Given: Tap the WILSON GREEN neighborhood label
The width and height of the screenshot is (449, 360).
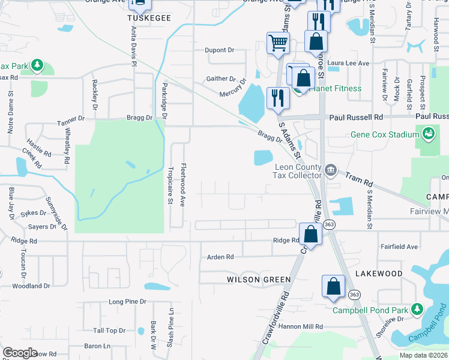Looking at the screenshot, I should [x=259, y=280].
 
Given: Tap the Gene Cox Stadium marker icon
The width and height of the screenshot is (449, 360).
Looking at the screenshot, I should [x=428, y=133].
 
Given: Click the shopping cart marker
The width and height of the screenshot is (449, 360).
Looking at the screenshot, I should [x=279, y=43].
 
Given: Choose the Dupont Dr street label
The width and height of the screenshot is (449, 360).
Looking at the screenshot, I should [x=219, y=50].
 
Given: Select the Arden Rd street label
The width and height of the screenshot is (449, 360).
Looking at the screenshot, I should [x=220, y=257].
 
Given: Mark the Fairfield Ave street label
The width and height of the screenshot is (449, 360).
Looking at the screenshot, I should [x=399, y=247].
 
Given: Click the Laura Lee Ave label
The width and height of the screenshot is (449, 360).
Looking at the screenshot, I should [x=348, y=62].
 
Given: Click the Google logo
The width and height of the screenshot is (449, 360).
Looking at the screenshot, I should [x=20, y=353].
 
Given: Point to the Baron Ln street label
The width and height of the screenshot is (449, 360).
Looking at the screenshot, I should [x=97, y=346].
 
